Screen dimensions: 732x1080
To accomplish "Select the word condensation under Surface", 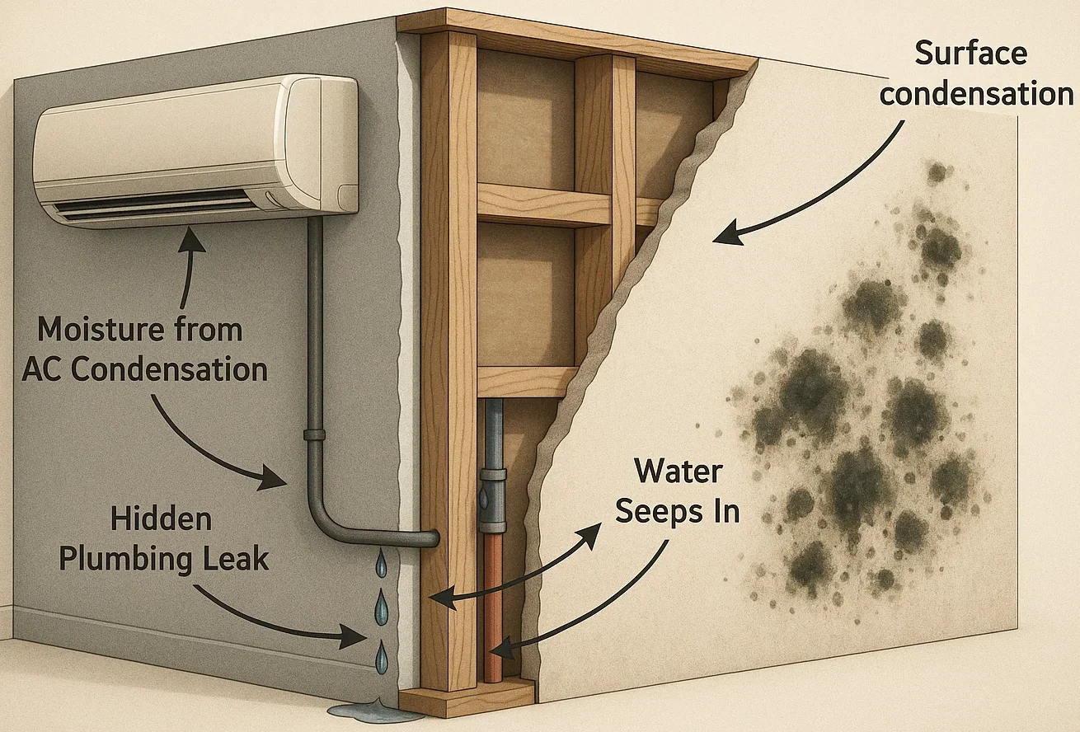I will [x=975, y=94].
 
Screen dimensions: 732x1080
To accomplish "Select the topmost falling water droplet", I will [x=381, y=565].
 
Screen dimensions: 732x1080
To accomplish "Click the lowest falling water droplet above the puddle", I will [x=381, y=658].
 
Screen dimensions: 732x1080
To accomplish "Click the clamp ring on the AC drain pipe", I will [x=314, y=434].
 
